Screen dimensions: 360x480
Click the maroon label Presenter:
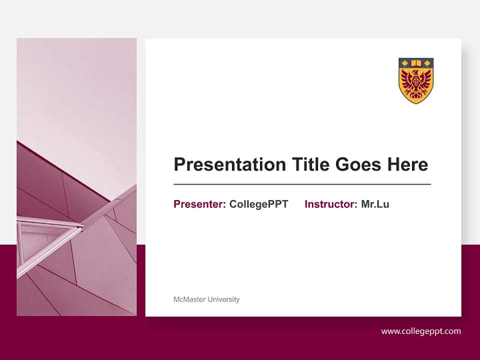coord(199,204)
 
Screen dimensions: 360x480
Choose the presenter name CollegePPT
coord(258,204)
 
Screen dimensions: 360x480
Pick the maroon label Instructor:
coord(330,204)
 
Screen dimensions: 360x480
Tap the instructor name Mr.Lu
coord(375,204)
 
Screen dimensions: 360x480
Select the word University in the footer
coord(223,299)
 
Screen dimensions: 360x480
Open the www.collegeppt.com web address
coord(421,331)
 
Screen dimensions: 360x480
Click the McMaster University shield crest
coord(416,81)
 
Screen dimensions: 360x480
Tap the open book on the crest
coord(416,63)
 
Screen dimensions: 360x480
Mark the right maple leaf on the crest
coord(427,63)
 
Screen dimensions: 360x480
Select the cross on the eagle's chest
coord(415,81)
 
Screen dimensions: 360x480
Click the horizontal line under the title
coord(302,184)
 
